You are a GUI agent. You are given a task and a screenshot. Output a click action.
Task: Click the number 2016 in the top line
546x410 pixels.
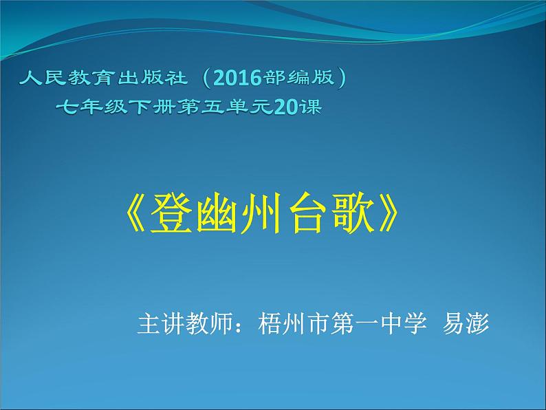click(x=237, y=78)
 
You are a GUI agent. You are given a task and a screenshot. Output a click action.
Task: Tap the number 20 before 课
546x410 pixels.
click(x=286, y=107)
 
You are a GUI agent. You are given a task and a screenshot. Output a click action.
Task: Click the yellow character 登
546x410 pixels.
click(x=171, y=213)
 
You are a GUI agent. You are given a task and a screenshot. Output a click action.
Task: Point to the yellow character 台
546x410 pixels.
click(x=308, y=213)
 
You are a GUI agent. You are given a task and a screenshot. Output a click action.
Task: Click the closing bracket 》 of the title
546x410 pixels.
click(x=388, y=213)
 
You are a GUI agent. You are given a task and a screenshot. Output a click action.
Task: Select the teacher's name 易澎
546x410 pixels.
click(x=466, y=323)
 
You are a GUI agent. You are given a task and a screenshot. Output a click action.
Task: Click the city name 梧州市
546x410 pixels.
click(x=293, y=323)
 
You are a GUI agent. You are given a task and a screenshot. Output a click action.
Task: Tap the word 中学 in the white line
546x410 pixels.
click(x=404, y=323)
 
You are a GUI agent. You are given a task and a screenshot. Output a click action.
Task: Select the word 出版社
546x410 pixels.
click(x=152, y=78)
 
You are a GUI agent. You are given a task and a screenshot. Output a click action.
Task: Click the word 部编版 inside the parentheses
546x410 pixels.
click(x=298, y=77)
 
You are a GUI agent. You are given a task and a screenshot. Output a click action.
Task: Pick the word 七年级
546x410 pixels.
click(x=91, y=107)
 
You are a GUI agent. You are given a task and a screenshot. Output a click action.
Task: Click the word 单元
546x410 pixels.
click(x=249, y=107)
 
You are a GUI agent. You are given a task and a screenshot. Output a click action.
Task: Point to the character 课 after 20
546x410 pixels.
click(x=311, y=107)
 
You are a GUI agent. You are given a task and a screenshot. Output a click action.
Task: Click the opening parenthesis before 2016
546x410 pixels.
click(x=206, y=78)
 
